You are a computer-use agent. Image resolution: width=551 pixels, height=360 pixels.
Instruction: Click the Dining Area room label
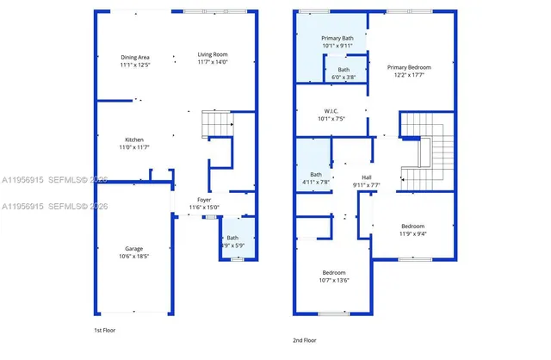[134, 57]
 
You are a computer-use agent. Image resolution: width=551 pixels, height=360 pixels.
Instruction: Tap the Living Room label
[213, 54]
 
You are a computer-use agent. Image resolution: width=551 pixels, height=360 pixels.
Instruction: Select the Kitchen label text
[133, 140]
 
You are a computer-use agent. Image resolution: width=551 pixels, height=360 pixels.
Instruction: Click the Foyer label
[204, 199]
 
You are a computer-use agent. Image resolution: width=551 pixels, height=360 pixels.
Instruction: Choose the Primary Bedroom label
[409, 67]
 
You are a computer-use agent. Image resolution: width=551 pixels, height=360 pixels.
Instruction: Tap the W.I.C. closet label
[331, 111]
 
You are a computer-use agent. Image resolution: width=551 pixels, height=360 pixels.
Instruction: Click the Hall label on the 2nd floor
[366, 177]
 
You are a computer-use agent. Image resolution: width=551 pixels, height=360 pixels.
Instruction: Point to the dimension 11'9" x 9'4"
[412, 233]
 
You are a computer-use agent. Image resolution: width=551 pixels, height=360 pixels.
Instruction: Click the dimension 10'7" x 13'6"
[334, 280]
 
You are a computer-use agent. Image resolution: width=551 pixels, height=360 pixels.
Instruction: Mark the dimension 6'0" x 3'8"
[343, 78]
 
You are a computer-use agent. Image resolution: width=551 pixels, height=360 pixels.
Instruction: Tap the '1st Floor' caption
[106, 330]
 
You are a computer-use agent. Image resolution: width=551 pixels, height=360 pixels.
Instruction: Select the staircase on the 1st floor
[218, 125]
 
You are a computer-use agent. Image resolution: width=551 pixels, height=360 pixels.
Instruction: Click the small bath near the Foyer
[232, 242]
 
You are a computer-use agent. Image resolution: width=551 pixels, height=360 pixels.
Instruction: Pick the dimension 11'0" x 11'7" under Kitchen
[133, 148]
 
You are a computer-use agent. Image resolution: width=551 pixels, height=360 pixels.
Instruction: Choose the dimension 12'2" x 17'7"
[409, 76]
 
